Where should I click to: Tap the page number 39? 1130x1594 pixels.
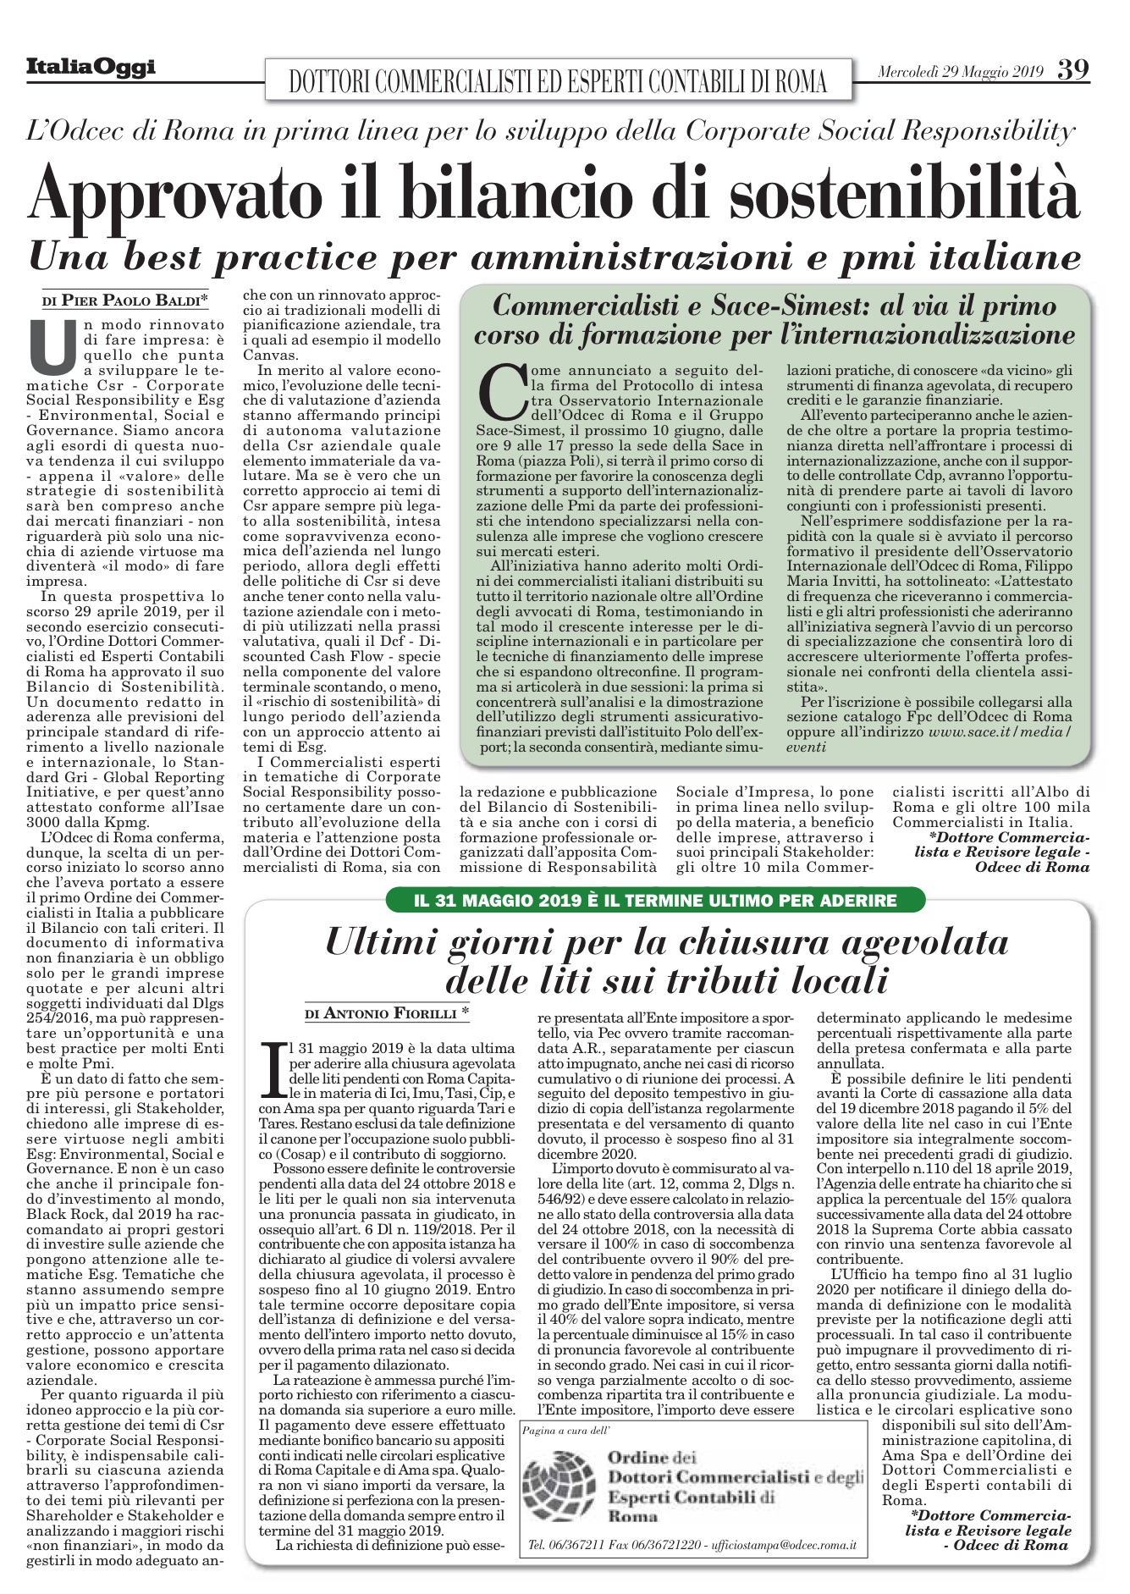click(1072, 69)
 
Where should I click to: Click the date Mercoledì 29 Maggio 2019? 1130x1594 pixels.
click(961, 71)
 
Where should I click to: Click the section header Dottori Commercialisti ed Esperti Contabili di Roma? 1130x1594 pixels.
click(558, 81)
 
